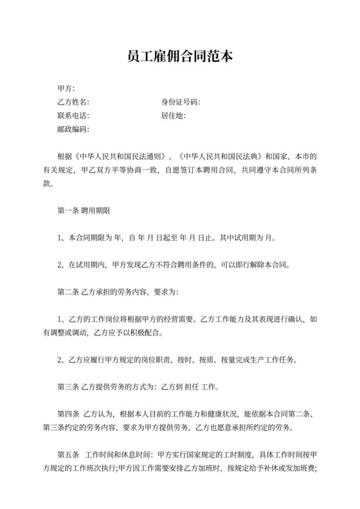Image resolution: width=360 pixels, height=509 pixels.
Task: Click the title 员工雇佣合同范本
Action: point(180,57)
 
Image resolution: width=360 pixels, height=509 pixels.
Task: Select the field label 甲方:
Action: point(66,88)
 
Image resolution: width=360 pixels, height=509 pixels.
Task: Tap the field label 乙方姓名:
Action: point(74,102)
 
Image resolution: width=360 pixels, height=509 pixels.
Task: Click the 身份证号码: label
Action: point(181,102)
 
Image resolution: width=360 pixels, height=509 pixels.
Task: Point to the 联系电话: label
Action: point(74,116)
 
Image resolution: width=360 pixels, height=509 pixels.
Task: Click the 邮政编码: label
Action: point(74,130)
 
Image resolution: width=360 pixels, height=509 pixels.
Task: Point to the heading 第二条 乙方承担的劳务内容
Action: point(116,292)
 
